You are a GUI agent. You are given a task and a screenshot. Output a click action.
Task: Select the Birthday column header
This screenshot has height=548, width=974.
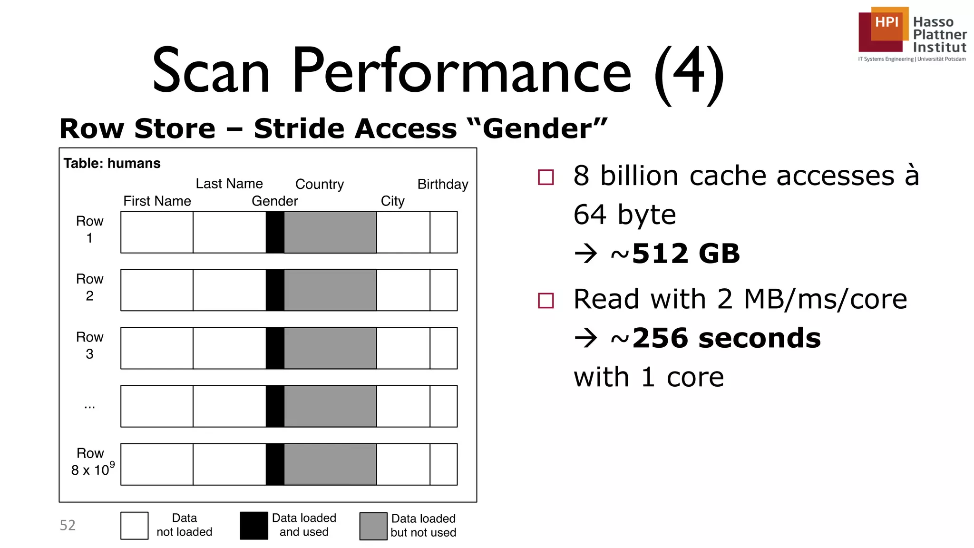coord(442,184)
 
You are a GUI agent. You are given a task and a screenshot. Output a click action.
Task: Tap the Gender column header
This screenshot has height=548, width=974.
coord(274,201)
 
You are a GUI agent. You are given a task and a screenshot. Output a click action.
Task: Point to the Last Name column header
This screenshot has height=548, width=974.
coord(229,184)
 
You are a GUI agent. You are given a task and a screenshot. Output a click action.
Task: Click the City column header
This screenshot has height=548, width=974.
coord(392,201)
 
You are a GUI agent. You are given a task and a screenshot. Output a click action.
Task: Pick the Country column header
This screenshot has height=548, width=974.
coord(319,184)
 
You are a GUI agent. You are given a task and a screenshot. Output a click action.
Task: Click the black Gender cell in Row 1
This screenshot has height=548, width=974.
coord(275,232)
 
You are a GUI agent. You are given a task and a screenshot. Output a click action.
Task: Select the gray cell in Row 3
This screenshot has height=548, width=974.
coord(330,348)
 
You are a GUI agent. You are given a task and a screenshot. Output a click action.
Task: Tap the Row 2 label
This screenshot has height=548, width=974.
coord(89,287)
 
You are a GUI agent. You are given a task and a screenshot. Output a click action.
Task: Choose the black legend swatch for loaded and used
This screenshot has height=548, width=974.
coord(254,526)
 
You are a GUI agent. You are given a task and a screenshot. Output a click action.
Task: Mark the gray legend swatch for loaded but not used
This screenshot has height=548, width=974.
coord(373,526)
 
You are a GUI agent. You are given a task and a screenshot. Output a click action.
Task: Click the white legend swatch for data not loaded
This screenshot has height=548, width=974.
coord(135,526)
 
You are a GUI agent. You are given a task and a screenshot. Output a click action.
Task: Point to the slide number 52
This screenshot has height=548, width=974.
coord(68,525)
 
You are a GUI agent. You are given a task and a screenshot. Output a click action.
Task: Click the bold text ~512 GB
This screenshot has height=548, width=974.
coord(675,254)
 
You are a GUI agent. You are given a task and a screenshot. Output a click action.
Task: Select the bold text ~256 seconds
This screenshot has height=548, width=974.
coord(715,338)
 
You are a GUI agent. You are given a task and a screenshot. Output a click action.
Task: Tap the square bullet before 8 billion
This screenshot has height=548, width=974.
coord(545,177)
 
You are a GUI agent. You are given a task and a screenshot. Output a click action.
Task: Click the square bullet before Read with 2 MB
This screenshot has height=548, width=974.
coord(545,301)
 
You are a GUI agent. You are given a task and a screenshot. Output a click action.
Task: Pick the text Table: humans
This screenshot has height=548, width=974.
coord(112,163)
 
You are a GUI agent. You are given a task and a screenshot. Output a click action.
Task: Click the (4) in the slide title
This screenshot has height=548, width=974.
coord(689,72)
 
